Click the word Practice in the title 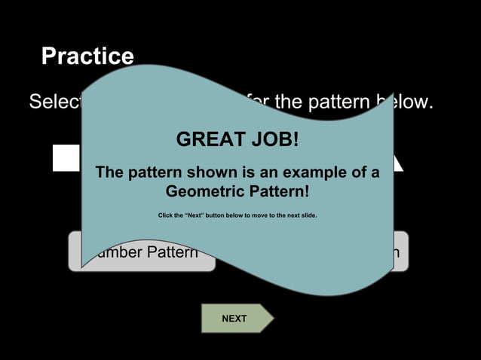pos(87,56)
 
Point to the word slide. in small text pos(305,215)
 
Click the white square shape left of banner pos(66,157)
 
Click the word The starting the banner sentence pos(109,172)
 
